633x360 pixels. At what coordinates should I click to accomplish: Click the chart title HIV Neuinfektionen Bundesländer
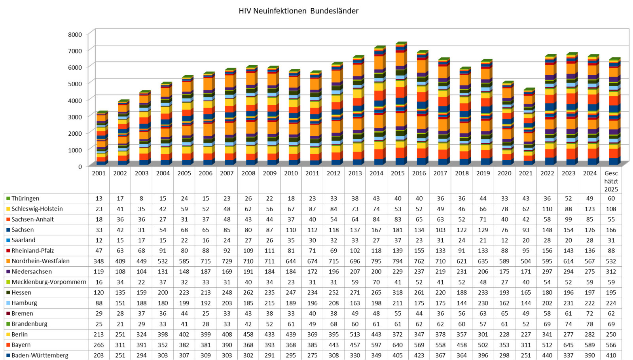[x=298, y=11]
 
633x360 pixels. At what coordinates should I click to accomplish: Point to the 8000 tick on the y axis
[x=75, y=34]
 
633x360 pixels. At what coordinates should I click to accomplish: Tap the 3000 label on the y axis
[x=75, y=117]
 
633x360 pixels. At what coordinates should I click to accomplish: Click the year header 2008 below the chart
[x=248, y=173]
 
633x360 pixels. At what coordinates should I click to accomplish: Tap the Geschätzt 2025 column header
[x=611, y=181]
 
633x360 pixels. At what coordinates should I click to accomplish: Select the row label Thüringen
[x=25, y=198]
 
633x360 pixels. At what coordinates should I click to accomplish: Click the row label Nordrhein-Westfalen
[x=40, y=261]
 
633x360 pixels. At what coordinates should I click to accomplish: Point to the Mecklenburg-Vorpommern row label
[x=49, y=282]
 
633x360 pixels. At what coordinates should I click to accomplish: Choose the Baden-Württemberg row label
[x=40, y=355]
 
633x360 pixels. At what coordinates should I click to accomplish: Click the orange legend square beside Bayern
[x=8, y=345]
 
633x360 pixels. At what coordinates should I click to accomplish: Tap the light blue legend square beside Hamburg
[x=8, y=303]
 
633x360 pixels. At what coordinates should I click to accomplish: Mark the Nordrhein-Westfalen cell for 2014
[x=376, y=261]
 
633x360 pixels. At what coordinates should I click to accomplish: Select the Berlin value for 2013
[x=355, y=334]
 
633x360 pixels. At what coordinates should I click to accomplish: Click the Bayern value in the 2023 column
[x=569, y=345]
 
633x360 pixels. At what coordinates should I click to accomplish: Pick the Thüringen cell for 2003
[x=141, y=198]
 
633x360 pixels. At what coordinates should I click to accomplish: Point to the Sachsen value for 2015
[x=398, y=230]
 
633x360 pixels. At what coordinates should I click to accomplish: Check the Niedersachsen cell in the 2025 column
[x=611, y=272]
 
